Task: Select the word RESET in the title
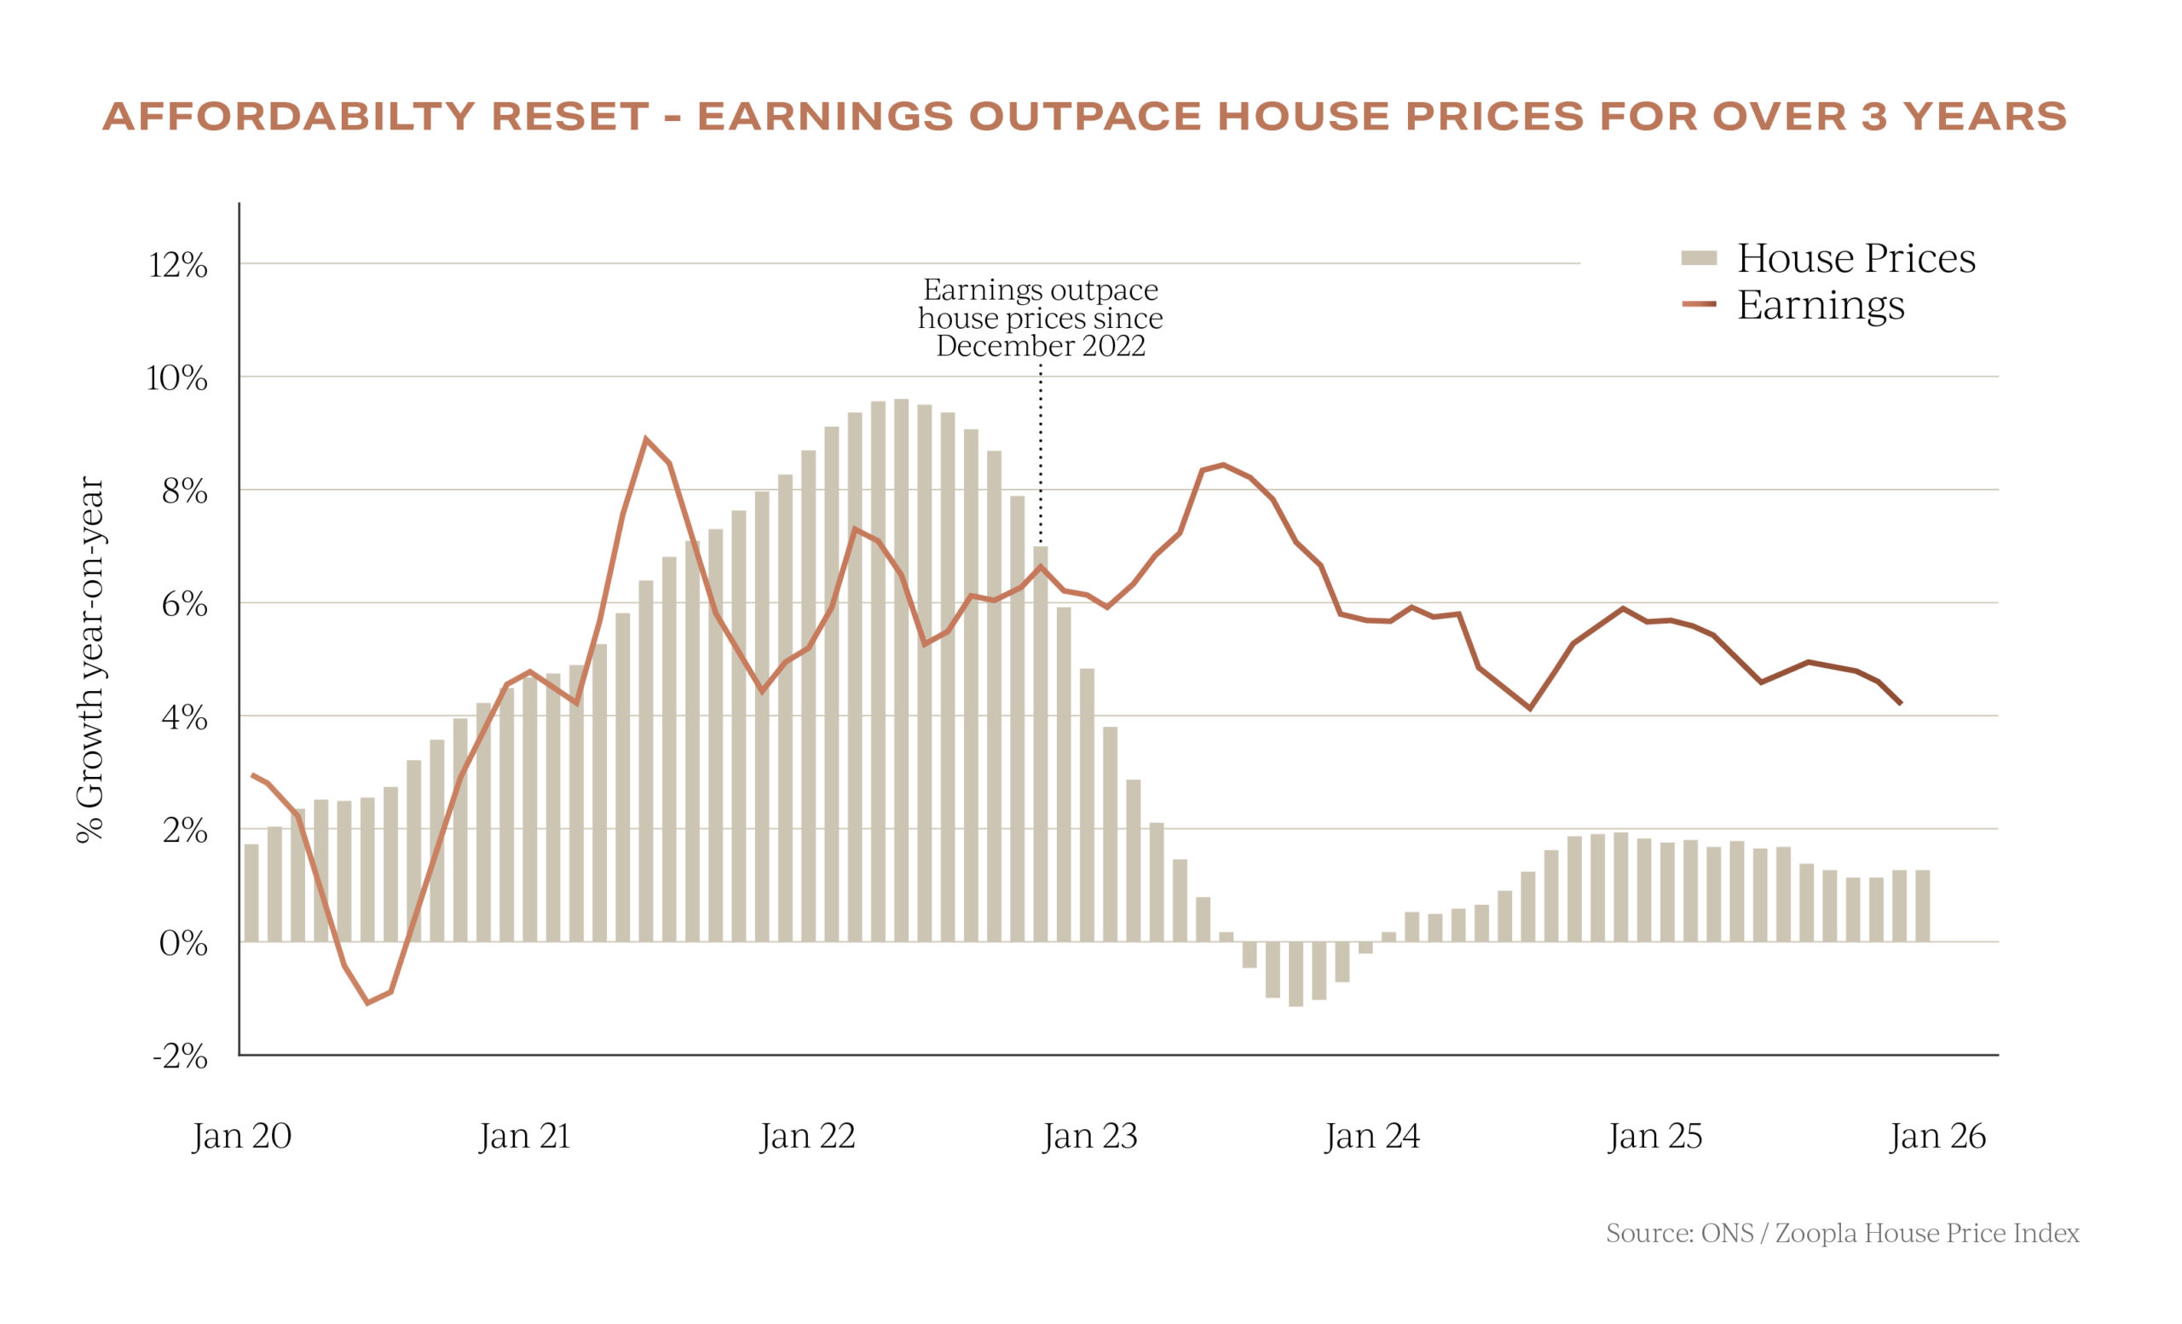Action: [x=570, y=117]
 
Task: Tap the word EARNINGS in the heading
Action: [x=825, y=117]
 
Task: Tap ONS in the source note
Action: [x=1727, y=1234]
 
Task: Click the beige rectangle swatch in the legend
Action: [x=1699, y=257]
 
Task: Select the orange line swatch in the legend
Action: [x=1699, y=304]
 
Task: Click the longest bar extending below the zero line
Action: [x=1296, y=975]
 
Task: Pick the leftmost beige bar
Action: [x=251, y=892]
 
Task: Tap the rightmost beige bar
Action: [x=1923, y=905]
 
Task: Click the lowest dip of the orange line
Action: [x=368, y=1004]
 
